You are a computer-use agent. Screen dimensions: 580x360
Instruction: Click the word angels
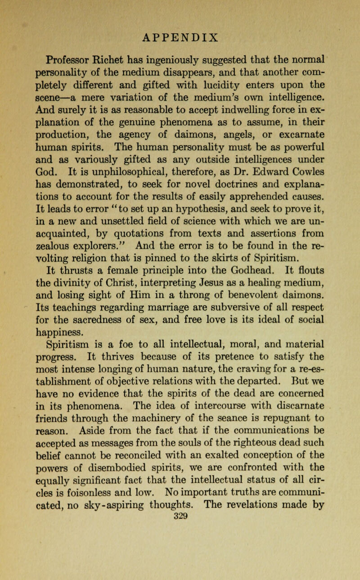258,133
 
